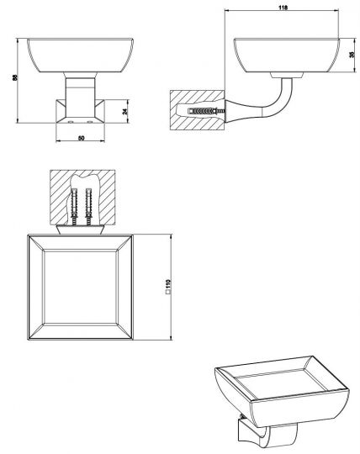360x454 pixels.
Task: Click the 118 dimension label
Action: pyautogui.click(x=283, y=8)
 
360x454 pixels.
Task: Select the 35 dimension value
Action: pyautogui.click(x=352, y=55)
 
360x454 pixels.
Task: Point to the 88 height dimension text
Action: pyautogui.click(x=15, y=77)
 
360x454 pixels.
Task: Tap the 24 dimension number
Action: pyautogui.click(x=124, y=111)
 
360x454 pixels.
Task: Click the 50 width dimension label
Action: pyautogui.click(x=82, y=138)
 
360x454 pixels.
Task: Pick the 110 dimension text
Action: pyautogui.click(x=168, y=283)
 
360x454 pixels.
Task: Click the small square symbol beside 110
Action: pyautogui.click(x=168, y=292)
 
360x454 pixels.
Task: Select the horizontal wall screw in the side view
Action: pyautogui.click(x=207, y=111)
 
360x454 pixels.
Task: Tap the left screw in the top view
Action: pyautogui.click(x=75, y=207)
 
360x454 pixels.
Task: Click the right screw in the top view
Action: pyautogui.click(x=88, y=207)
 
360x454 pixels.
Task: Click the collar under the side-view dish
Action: pyautogui.click(x=287, y=75)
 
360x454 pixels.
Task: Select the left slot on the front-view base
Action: pyautogui.click(x=70, y=122)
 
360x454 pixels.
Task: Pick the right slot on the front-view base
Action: pyautogui.click(x=90, y=122)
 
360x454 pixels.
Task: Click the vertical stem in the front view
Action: pyautogui.click(x=80, y=97)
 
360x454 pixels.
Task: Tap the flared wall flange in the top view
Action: pyautogui.click(x=80, y=230)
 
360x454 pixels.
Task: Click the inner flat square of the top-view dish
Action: pyautogui.click(x=80, y=287)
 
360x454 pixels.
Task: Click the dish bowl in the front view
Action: pyautogui.click(x=80, y=55)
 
